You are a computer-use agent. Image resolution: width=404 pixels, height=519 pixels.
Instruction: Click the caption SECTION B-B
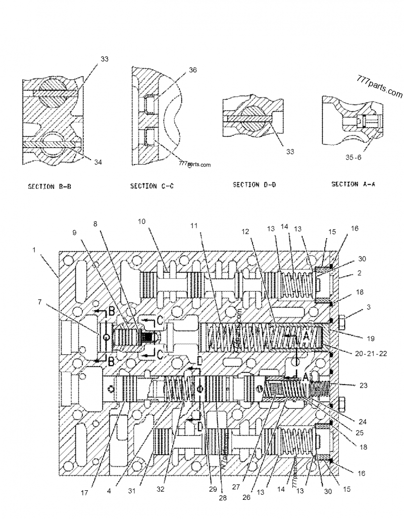[49, 187]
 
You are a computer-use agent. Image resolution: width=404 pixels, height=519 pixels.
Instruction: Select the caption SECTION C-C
[151, 186]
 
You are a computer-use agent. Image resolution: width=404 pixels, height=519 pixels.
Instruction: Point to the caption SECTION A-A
[353, 184]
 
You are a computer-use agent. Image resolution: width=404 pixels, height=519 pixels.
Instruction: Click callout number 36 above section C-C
[193, 71]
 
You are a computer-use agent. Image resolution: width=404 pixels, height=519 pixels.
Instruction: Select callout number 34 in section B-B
[98, 162]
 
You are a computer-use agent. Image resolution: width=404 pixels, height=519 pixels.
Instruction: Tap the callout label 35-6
[353, 158]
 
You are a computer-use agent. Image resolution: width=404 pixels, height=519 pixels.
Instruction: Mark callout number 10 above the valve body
[142, 221]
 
